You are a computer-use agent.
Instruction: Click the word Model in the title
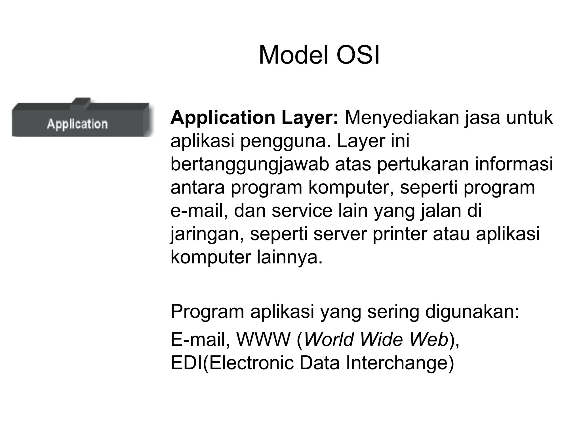coord(293,55)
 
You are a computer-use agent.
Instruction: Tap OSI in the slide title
coord(358,55)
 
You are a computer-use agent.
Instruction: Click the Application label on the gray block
coord(77,124)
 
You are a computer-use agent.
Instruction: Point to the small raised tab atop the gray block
coord(81,102)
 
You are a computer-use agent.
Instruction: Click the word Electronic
coord(251,363)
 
